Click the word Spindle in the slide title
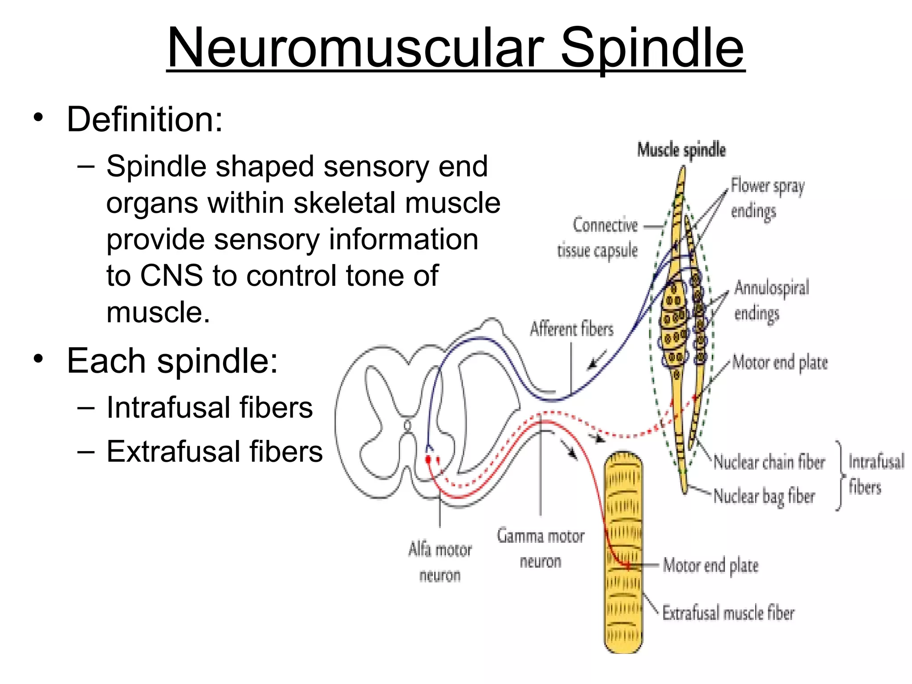point(652,48)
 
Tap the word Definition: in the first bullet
point(145,119)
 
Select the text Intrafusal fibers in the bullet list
point(210,407)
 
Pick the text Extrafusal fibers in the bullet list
point(214,452)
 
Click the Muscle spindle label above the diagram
point(681,150)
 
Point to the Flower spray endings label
point(767,198)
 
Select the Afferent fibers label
point(571,329)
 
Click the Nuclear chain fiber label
point(769,462)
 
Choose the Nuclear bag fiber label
point(764,496)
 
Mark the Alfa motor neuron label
point(440,562)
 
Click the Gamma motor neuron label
point(540,548)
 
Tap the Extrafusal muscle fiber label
point(728,613)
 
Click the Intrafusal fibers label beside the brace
point(875,474)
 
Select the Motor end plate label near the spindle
point(780,362)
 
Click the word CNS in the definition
point(171,276)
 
